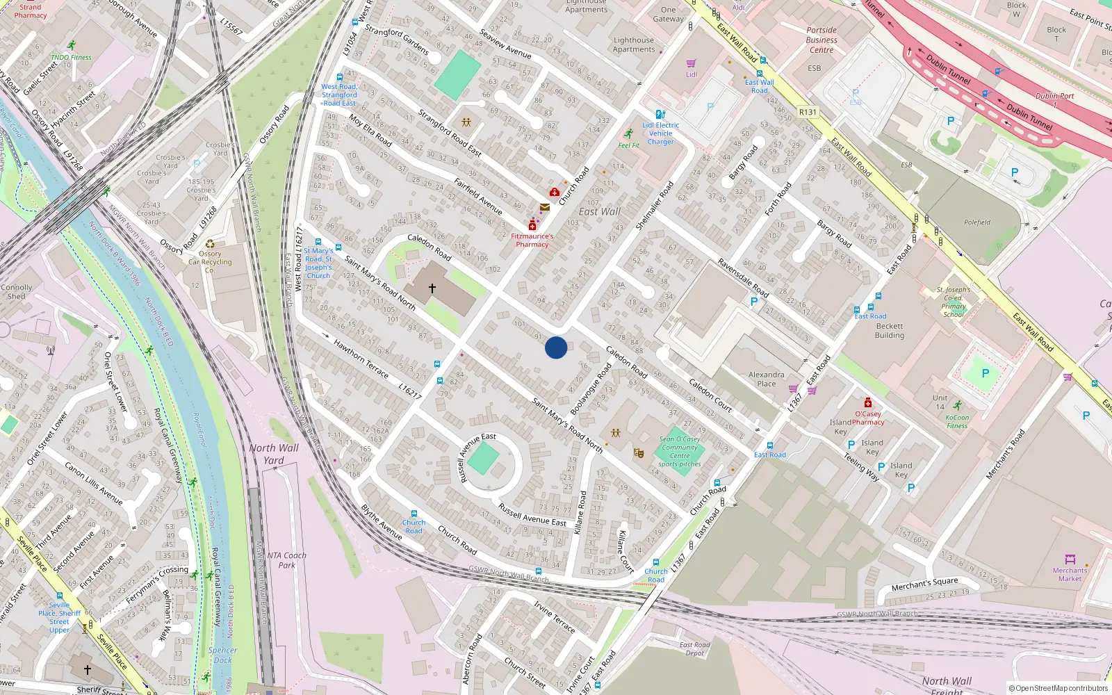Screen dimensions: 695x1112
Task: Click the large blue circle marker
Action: (556, 347)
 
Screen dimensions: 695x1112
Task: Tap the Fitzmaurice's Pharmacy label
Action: (532, 240)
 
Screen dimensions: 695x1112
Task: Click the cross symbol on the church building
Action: (432, 288)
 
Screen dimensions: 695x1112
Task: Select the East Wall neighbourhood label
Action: (599, 211)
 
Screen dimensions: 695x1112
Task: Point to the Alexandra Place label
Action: (767, 379)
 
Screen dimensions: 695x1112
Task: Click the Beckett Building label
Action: (890, 330)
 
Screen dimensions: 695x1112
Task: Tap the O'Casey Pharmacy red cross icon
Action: (868, 403)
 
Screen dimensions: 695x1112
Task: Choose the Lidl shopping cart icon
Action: (691, 63)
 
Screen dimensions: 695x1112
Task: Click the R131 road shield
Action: (808, 112)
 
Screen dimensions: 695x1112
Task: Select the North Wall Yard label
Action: (274, 453)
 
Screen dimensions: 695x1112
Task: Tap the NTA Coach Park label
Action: (286, 559)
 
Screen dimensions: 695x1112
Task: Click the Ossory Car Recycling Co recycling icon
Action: (210, 244)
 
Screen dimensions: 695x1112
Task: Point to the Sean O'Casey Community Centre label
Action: (680, 451)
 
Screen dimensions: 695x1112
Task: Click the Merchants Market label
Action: (1070, 574)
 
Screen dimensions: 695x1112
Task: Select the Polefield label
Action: (977, 222)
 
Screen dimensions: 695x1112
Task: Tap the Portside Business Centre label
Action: (821, 40)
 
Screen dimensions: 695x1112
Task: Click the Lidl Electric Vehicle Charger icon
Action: (660, 114)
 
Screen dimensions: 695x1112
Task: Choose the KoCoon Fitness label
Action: (957, 421)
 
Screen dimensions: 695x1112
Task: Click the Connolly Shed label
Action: (17, 291)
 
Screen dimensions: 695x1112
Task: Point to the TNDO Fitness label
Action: (71, 58)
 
